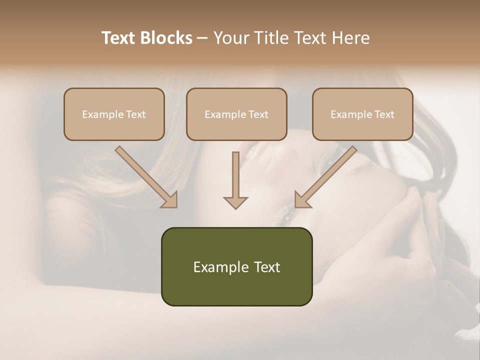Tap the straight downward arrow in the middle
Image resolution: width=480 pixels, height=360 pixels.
click(x=235, y=177)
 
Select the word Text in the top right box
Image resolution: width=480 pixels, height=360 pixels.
click(x=384, y=114)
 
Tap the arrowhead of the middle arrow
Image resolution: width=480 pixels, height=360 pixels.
click(x=235, y=202)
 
